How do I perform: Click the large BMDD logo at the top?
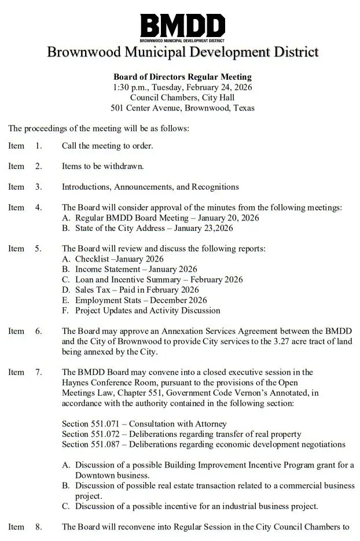pyautogui.click(x=182, y=26)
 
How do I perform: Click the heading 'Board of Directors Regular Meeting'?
pyautogui.click(x=182, y=76)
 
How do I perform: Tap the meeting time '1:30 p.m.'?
pyautogui.click(x=131, y=87)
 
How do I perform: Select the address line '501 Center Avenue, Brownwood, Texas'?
pyautogui.click(x=182, y=108)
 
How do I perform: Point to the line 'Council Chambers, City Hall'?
pyautogui.click(x=182, y=97)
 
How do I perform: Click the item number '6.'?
pyautogui.click(x=38, y=331)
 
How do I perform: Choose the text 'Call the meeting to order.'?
pyautogui.click(x=107, y=146)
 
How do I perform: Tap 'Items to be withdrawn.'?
pyautogui.click(x=102, y=167)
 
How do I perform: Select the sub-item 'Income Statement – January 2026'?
pyautogui.click(x=136, y=270)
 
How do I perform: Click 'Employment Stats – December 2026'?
pyautogui.click(x=141, y=300)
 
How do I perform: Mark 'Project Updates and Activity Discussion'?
pyautogui.click(x=148, y=311)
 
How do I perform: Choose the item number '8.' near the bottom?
pyautogui.click(x=38, y=527)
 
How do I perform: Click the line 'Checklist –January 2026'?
pyautogui.click(x=119, y=259)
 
